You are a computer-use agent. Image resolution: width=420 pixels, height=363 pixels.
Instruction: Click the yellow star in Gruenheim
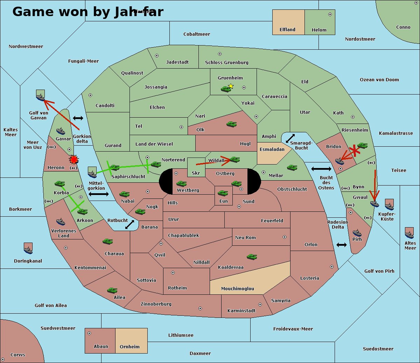(x=231, y=86)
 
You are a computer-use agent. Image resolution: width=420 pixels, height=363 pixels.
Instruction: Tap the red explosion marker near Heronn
(x=73, y=160)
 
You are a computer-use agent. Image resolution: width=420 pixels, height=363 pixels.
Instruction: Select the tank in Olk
(x=231, y=124)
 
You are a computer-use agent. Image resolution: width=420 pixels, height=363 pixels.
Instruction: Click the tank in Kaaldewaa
(x=252, y=257)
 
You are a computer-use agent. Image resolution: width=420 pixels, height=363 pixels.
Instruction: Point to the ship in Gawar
(x=61, y=131)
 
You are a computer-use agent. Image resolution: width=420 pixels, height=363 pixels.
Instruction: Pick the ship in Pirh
(x=357, y=233)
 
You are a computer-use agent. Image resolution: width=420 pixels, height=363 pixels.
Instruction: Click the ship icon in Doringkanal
(x=28, y=248)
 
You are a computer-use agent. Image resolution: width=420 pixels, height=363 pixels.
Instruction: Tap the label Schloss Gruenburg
(x=226, y=63)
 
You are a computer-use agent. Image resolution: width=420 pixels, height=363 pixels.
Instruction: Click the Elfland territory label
(x=287, y=30)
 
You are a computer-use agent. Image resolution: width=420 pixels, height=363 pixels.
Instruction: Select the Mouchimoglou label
(x=237, y=289)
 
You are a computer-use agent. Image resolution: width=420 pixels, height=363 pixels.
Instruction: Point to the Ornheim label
(x=129, y=347)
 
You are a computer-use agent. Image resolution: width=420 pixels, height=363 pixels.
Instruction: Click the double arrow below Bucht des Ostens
(x=342, y=245)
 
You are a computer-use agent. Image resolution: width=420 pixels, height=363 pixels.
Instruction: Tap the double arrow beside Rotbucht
(x=129, y=224)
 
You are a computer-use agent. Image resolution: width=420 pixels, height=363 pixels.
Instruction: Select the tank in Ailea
(x=112, y=290)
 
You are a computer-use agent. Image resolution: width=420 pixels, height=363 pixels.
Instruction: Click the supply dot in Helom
(x=330, y=14)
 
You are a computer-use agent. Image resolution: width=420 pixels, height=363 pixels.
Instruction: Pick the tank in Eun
(x=223, y=193)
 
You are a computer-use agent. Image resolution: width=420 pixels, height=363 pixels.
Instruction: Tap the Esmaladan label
(x=272, y=149)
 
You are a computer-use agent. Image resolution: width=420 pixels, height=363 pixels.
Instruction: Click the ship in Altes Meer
(x=409, y=233)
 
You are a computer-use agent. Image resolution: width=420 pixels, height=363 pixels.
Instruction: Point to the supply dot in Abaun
(x=89, y=333)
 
